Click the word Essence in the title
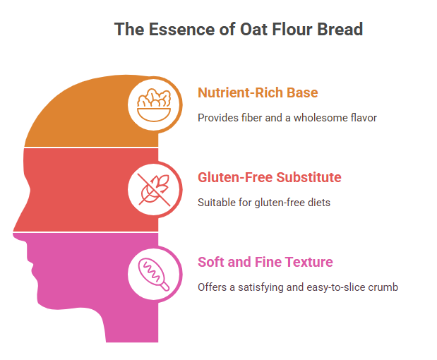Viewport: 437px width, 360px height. pyautogui.click(x=181, y=29)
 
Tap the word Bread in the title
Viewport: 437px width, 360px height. pyautogui.click(x=340, y=29)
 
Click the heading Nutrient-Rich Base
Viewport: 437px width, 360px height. pyautogui.click(x=258, y=92)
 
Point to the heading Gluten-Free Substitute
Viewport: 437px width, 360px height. pyautogui.click(x=270, y=177)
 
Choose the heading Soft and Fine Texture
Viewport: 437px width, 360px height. pyautogui.click(x=265, y=262)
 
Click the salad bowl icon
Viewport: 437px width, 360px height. pyautogui.click(x=154, y=105)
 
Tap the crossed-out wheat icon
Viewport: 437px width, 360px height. pyautogui.click(x=154, y=189)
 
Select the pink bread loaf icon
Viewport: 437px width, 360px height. pyautogui.click(x=154, y=275)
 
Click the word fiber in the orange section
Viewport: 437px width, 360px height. pyautogui.click(x=251, y=118)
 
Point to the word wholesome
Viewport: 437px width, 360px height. pyautogui.click(x=316, y=118)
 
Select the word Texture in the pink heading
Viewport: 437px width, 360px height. pyautogui.click(x=309, y=262)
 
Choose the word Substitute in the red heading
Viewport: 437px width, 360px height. pyautogui.click(x=309, y=177)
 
